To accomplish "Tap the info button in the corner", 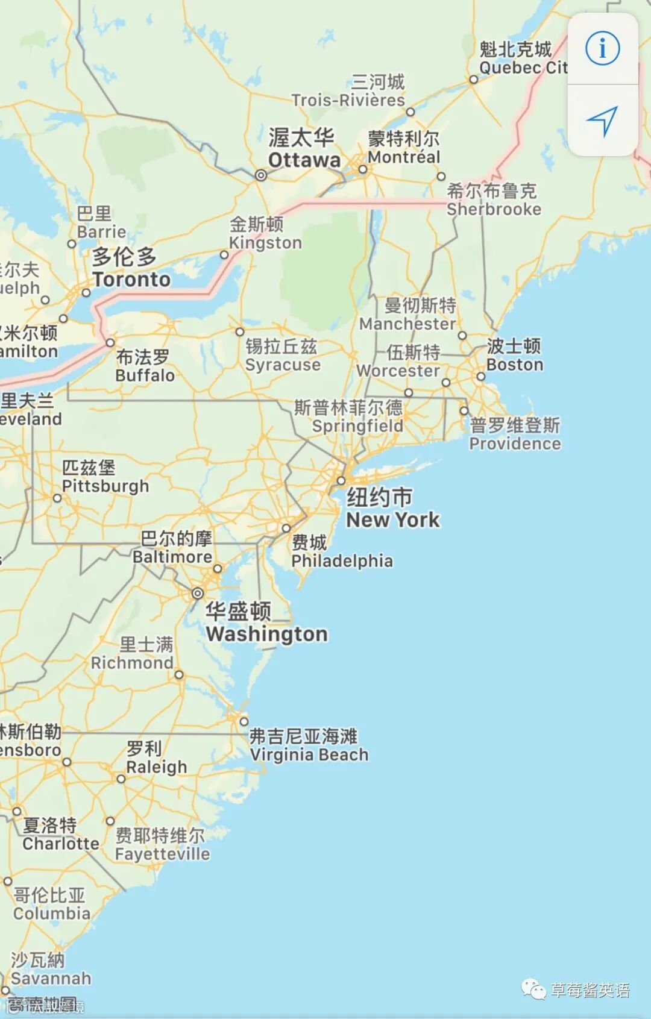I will pyautogui.click(x=602, y=48).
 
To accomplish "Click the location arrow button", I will pyautogui.click(x=602, y=121).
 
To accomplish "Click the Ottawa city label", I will pyautogui.click(x=304, y=160).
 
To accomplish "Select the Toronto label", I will pyautogui.click(x=131, y=279).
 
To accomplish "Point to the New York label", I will pyautogui.click(x=392, y=519).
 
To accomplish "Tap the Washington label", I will pyautogui.click(x=266, y=634).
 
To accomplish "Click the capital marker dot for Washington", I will pyautogui.click(x=197, y=594).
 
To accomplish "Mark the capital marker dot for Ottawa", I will pyautogui.click(x=261, y=175).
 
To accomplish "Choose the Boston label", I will pyautogui.click(x=515, y=365).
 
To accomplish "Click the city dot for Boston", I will pyautogui.click(x=480, y=377).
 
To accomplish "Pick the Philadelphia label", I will pyautogui.click(x=342, y=561).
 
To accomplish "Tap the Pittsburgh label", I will pyautogui.click(x=105, y=486).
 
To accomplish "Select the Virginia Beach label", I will pyautogui.click(x=309, y=754).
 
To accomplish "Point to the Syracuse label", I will pyautogui.click(x=283, y=365).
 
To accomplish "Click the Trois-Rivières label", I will pyautogui.click(x=348, y=100).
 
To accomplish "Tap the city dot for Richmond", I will pyautogui.click(x=179, y=674).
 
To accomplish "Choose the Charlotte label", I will pyautogui.click(x=60, y=843).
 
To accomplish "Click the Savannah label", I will pyautogui.click(x=51, y=977).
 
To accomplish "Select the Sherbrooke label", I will pyautogui.click(x=494, y=209).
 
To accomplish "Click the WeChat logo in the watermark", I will pyautogui.click(x=533, y=989).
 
